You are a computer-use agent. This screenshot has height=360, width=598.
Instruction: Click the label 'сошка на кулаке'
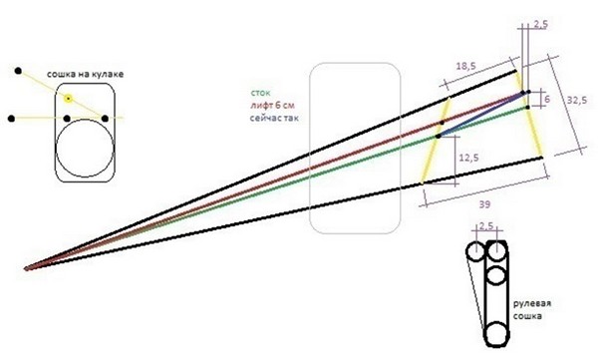[85, 74]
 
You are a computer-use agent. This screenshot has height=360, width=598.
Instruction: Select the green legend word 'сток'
[260, 93]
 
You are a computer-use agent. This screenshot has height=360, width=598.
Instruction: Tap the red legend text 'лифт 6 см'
[272, 105]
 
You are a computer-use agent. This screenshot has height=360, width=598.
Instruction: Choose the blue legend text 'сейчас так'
[274, 118]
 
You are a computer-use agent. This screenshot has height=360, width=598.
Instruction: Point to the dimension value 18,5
[466, 66]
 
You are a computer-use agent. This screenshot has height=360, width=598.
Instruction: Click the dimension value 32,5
[577, 101]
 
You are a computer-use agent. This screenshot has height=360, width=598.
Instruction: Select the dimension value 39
[484, 204]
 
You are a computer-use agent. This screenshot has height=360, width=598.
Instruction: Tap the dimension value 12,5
[468, 158]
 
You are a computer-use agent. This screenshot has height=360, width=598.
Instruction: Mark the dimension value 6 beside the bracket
[547, 100]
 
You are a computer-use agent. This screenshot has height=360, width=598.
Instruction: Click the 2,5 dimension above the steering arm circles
[486, 226]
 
